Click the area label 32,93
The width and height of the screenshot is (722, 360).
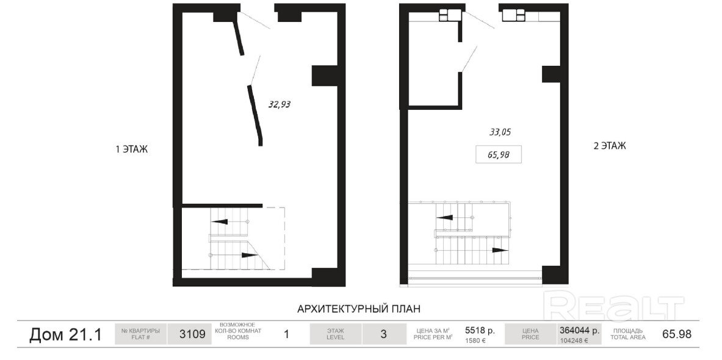[279, 104]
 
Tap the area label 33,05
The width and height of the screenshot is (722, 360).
[500, 132]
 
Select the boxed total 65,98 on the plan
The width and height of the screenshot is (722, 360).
[498, 155]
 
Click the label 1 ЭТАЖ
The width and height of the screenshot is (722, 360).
[132, 149]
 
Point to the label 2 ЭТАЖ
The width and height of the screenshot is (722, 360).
[610, 146]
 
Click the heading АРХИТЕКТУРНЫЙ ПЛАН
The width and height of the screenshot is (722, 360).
[359, 308]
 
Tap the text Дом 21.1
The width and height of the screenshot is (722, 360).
[65, 335]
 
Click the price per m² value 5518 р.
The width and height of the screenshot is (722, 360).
[480, 330]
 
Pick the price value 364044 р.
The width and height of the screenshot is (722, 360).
[579, 330]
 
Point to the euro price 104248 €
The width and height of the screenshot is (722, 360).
[573, 341]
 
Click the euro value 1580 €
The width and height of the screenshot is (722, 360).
[475, 341]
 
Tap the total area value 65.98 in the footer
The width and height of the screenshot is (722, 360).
[676, 334]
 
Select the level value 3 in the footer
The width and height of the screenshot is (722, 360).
[383, 334]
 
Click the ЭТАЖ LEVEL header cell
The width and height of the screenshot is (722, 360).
[335, 334]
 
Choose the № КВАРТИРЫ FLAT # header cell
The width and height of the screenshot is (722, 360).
[140, 334]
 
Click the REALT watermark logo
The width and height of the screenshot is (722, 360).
[614, 306]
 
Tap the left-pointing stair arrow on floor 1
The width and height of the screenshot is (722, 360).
[220, 221]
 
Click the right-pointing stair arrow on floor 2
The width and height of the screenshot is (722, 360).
[500, 250]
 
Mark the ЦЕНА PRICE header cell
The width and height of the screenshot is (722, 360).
[530, 334]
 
